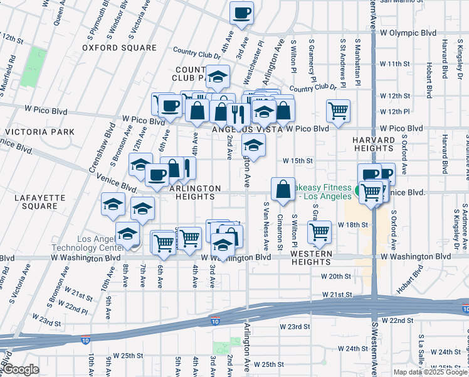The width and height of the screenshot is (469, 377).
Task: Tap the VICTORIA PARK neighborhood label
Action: click(39, 132)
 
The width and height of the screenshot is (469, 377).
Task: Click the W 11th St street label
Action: click(394, 64)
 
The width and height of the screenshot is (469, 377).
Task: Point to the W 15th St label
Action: click(297, 161)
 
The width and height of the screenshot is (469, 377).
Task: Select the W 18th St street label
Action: click(352, 224)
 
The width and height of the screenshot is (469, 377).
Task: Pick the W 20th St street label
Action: click(335, 276)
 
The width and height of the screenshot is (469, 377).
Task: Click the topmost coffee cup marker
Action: click(241, 13)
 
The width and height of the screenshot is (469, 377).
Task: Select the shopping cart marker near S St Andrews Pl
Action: click(338, 110)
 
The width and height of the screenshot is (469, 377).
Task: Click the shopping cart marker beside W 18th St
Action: click(319, 232)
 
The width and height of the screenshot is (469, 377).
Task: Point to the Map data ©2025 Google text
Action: click(431, 372)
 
